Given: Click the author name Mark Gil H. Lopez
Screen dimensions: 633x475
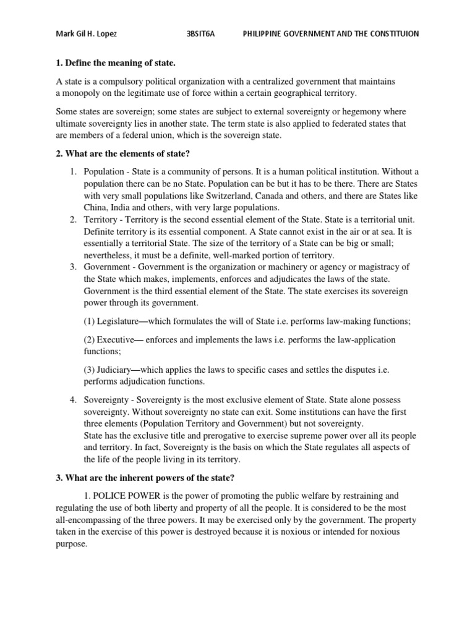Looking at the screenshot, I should (86, 34).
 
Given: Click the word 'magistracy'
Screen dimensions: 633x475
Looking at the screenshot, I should (380, 266).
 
